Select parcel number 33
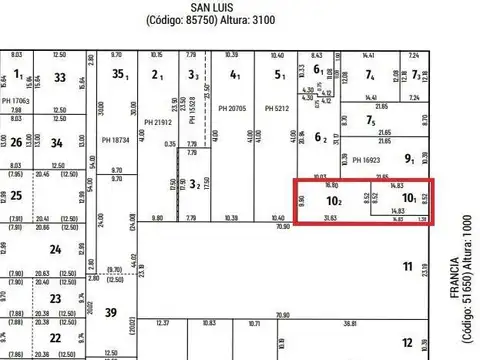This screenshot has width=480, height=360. point(60,77)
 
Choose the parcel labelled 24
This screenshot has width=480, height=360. point(54,250)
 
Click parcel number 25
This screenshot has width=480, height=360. point(16,196)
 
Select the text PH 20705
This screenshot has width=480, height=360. point(235,108)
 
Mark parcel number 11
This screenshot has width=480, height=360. point(407,266)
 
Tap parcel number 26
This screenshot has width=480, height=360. point(15,141)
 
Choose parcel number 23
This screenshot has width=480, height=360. point(54,297)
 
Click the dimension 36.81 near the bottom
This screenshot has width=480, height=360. point(377,324)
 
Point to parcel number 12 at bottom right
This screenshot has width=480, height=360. point(407,342)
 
